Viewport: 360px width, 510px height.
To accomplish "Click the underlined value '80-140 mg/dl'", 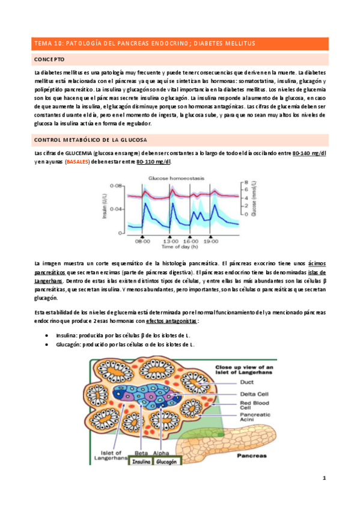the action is tap(309, 153).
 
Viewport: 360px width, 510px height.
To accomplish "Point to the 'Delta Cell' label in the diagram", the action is tap(237, 393).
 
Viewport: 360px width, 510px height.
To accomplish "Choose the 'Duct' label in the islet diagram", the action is tap(230, 381).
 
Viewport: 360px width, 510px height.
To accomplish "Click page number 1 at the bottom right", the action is tap(323, 478).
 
